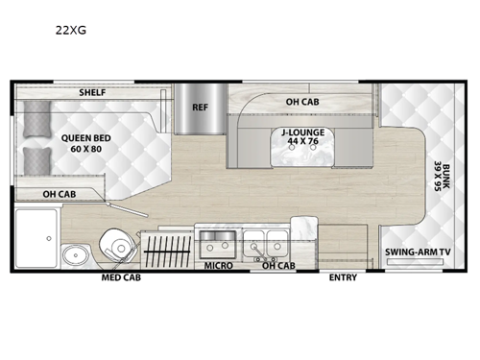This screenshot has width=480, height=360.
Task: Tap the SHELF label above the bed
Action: pyautogui.click(x=92, y=92)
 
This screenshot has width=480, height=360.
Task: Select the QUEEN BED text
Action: pyautogui.click(x=86, y=136)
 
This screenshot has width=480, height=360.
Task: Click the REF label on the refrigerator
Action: pyautogui.click(x=201, y=108)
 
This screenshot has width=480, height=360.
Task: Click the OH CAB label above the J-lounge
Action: pyautogui.click(x=302, y=102)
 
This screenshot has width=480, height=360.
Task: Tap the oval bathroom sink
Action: pyautogui.click(x=75, y=255)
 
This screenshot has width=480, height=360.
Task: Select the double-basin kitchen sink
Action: pyautogui.click(x=265, y=240)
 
